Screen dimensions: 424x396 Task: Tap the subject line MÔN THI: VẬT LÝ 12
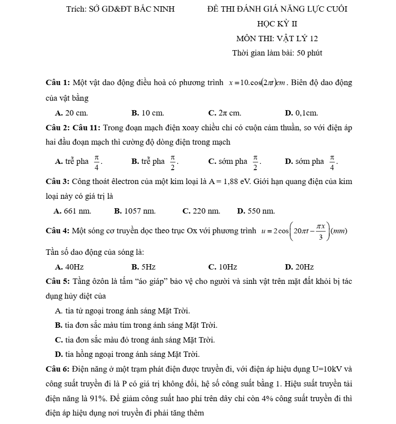click(277, 39)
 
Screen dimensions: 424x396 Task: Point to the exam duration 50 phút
click(309, 53)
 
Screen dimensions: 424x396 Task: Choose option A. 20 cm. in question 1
click(71, 113)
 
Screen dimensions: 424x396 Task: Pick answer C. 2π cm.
click(225, 113)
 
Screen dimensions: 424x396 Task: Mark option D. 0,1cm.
click(301, 113)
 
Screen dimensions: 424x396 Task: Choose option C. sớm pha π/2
click(234, 161)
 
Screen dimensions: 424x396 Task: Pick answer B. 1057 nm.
click(135, 210)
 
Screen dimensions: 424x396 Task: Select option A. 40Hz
click(69, 267)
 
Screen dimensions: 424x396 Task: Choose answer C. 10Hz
click(222, 267)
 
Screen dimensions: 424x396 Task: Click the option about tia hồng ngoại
click(127, 354)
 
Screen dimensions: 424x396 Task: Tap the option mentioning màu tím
click(136, 325)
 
